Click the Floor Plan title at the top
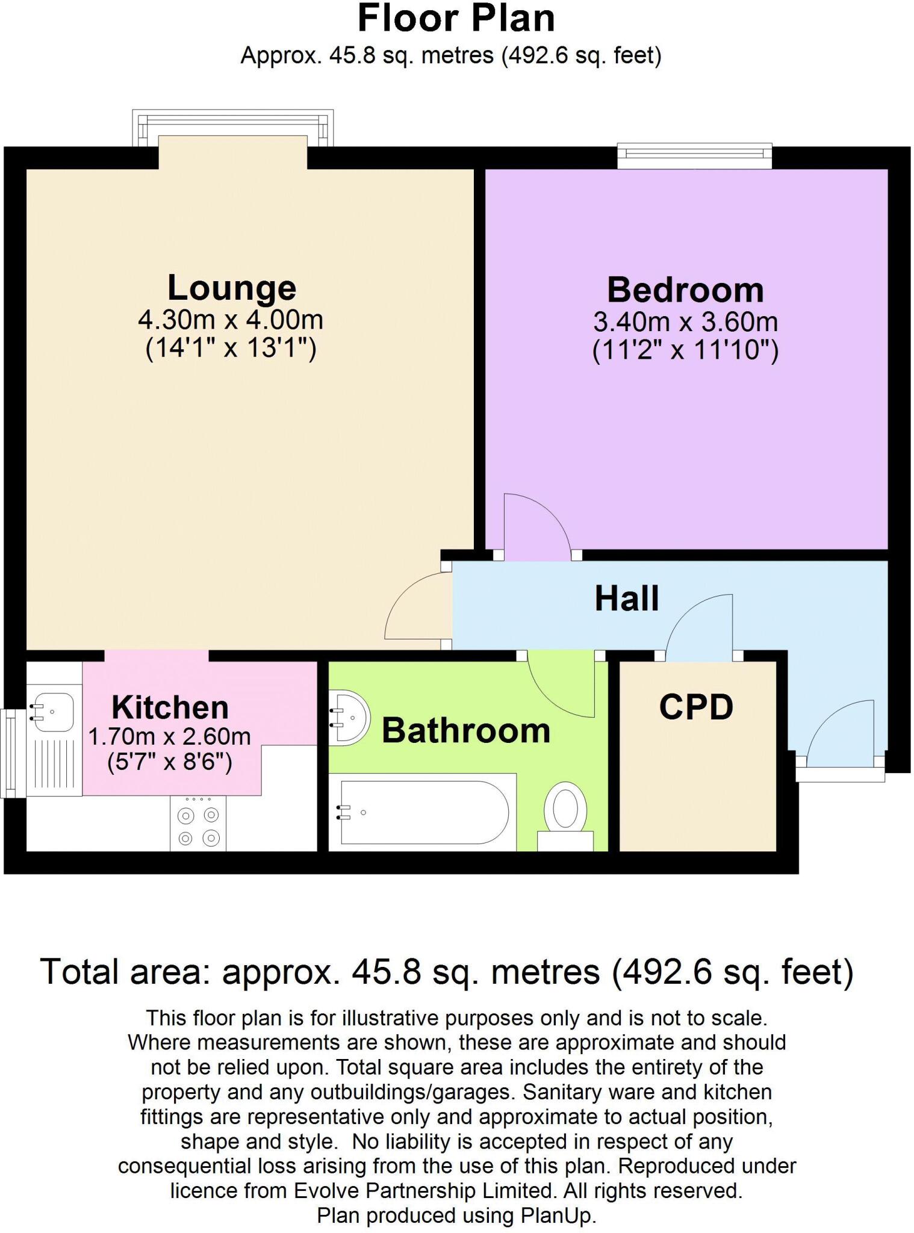pos(456,19)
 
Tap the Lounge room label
pos(231,288)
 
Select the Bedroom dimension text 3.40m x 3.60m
pos(685,322)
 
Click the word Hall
pos(626,598)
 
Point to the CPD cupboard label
pos(696,707)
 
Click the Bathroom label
pos(465,730)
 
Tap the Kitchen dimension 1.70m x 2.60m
pos(169,736)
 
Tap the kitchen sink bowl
pos(53,712)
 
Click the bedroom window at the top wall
pos(694,156)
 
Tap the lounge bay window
pos(232,128)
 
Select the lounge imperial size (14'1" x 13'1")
pos(231,349)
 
